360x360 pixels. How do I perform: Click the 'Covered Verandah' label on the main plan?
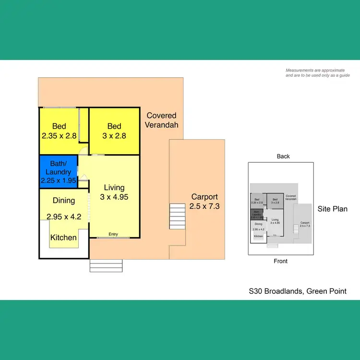162,120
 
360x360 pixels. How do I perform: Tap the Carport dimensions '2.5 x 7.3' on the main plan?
204,206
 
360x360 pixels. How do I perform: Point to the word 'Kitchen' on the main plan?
63,237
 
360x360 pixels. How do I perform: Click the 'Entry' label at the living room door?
113,234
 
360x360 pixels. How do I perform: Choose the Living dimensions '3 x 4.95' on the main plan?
114,197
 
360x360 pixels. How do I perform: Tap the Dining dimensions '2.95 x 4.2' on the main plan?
64,216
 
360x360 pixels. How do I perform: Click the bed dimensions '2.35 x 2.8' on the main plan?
59,136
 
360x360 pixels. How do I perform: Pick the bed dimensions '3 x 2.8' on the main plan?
114,136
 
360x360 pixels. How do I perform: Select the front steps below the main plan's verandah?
106,265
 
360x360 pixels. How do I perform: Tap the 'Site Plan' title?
333,209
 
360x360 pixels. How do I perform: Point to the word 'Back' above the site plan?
283,156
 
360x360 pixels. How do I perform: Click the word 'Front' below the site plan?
280,261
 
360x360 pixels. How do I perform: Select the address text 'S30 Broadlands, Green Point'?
298,291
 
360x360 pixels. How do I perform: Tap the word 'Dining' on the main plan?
63,201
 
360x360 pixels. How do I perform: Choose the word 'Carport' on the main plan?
204,196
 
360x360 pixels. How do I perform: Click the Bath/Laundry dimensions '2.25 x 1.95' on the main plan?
58,181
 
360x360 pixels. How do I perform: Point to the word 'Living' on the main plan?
114,187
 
